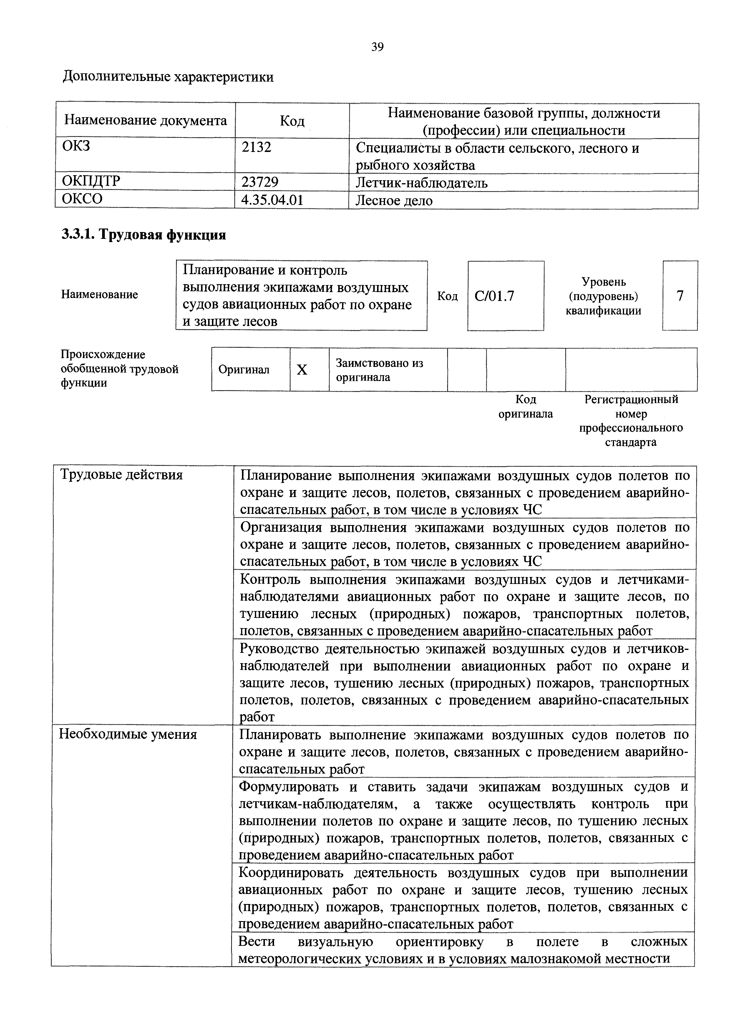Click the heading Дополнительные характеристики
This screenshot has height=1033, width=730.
coord(168,77)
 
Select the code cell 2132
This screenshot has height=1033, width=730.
coord(256,148)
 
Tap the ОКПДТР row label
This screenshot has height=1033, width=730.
coord(91,181)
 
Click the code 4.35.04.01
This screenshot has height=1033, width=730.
coord(272,200)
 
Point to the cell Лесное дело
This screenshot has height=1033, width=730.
coord(394,201)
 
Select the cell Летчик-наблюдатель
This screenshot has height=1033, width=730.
coord(422,183)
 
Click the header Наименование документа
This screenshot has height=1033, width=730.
coord(145,120)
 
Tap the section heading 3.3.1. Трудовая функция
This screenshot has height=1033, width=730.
coord(143,234)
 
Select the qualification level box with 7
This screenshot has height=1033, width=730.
coord(680,296)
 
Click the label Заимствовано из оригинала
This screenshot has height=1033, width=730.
coord(379,370)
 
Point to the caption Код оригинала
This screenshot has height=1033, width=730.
coord(525,406)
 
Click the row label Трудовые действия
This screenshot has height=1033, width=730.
coord(122,475)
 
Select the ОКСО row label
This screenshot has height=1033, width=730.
coord(82,199)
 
